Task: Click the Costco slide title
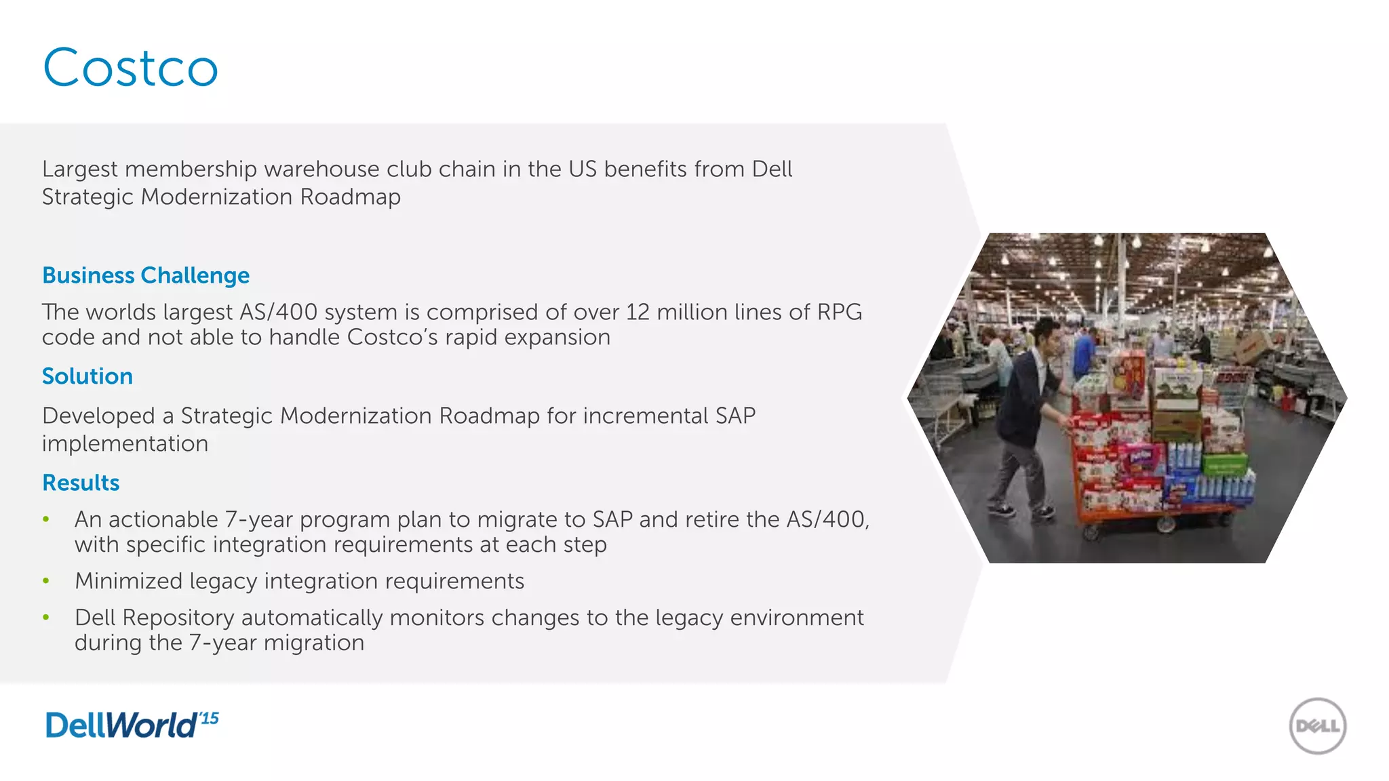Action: coord(130,68)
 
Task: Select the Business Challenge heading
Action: coord(146,276)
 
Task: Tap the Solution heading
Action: coord(87,376)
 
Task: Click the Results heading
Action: coord(81,483)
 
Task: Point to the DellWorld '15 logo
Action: coord(132,725)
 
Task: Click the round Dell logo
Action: coord(1317,726)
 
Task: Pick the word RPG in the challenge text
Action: coord(839,313)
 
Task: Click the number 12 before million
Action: coord(638,313)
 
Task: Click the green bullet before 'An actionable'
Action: coord(46,520)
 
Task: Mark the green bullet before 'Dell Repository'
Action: coord(46,618)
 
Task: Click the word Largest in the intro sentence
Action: coord(80,169)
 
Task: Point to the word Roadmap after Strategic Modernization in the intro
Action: coord(350,197)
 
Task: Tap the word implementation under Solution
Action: coord(125,444)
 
